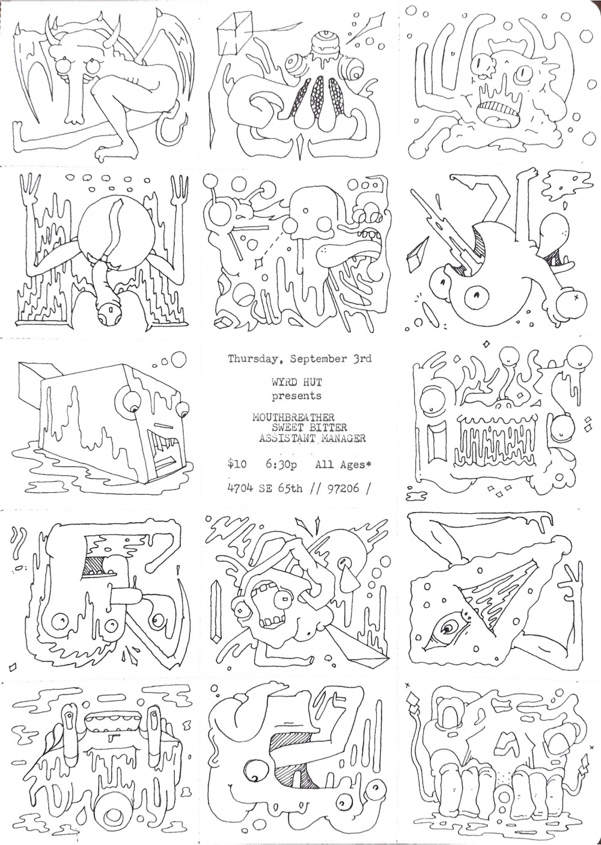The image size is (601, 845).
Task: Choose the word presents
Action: tap(297, 397)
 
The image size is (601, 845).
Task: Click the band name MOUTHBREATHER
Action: tap(293, 417)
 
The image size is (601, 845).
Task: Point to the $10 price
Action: tap(237, 465)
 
